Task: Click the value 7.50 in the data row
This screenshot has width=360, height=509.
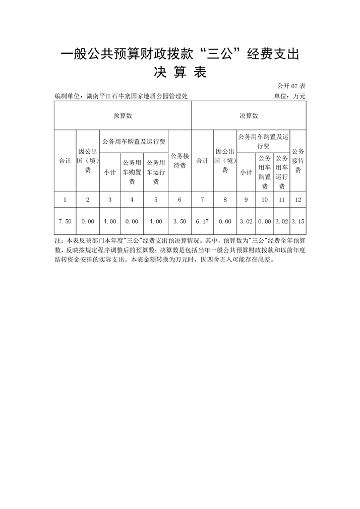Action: tap(65, 221)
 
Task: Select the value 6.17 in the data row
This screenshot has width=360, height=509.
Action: tap(202, 221)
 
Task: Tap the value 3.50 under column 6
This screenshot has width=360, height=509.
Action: tap(179, 221)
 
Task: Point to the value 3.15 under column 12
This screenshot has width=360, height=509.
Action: tap(298, 221)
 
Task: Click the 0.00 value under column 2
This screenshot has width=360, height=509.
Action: tap(88, 221)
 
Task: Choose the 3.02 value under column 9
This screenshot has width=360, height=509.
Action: tap(246, 221)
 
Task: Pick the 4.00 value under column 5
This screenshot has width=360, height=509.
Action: tap(156, 221)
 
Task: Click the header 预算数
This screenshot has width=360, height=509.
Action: tap(123, 115)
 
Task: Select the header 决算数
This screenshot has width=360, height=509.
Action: tap(249, 115)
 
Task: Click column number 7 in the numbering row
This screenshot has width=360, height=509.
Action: tap(202, 200)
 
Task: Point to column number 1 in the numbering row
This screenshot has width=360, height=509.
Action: tap(65, 200)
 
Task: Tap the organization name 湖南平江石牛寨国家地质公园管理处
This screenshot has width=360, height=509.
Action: tap(137, 96)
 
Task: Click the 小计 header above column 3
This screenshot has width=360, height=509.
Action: tap(110, 172)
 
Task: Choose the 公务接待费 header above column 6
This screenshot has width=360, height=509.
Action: tap(179, 161)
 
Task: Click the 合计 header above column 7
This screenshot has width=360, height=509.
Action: tap(202, 161)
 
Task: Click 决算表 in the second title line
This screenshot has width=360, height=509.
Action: tap(180, 73)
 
